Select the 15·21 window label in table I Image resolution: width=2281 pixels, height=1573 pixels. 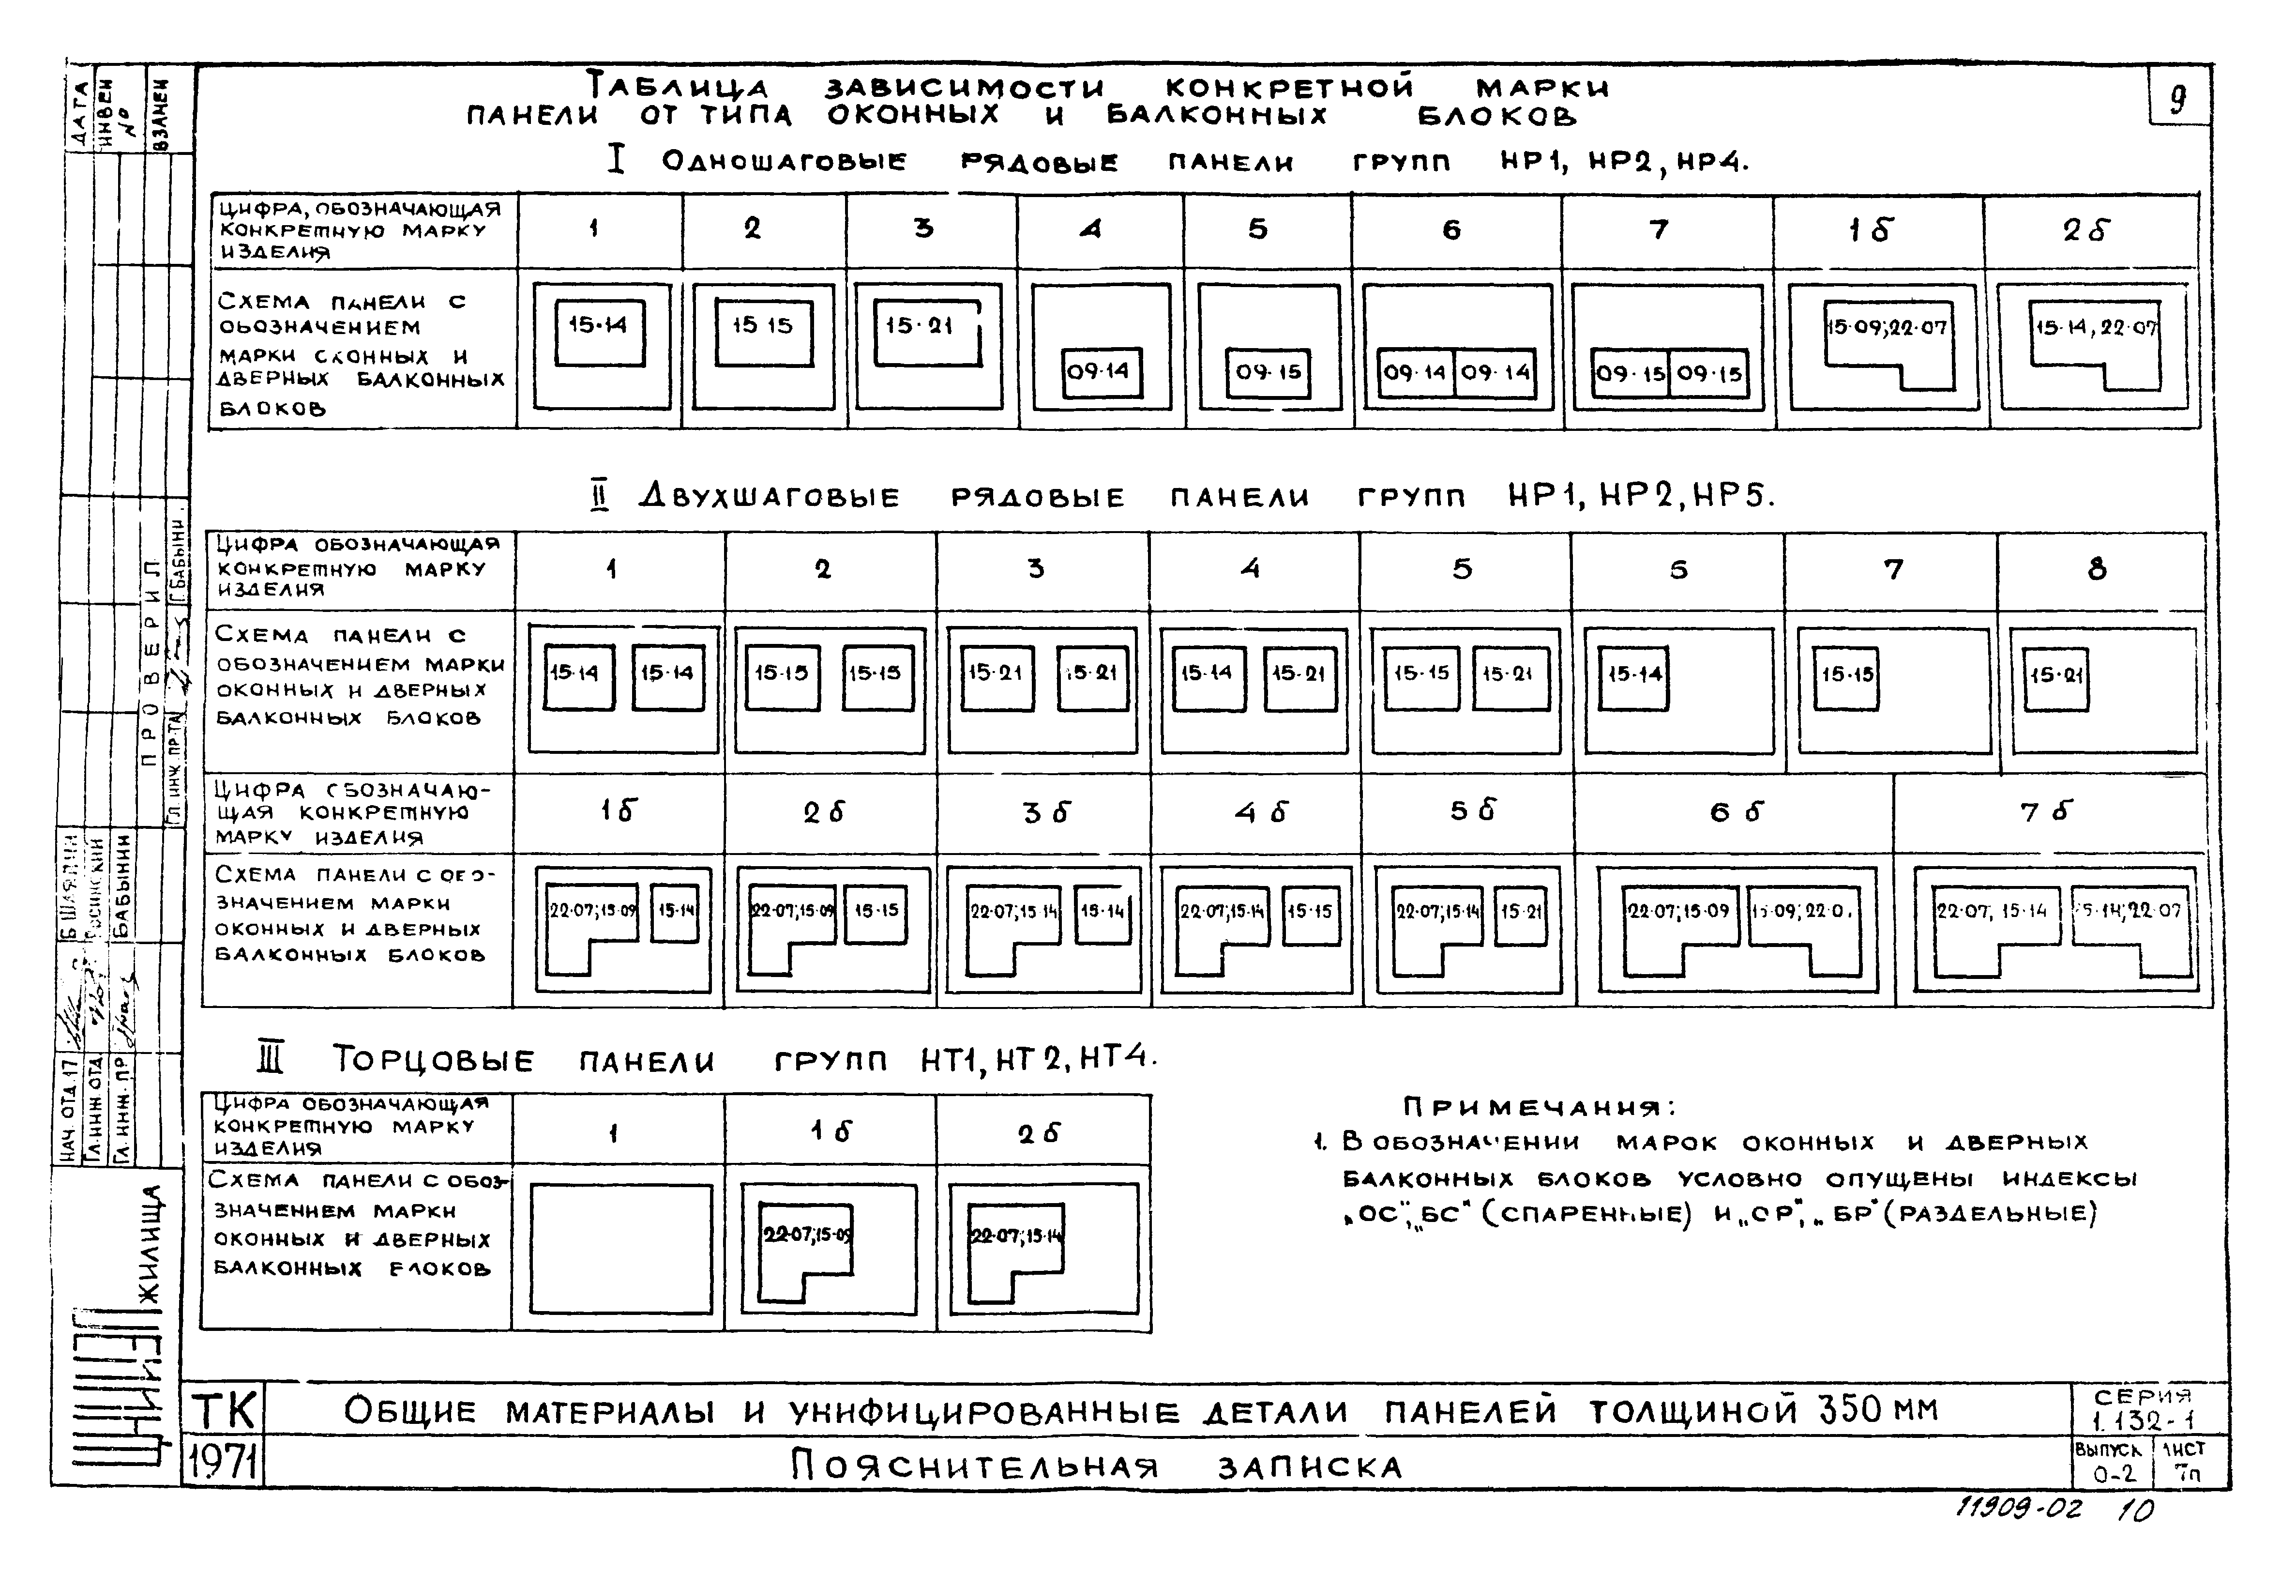[x=918, y=325]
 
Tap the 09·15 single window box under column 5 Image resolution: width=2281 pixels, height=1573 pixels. [x=1268, y=373]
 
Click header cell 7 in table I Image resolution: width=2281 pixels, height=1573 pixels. [x=1659, y=229]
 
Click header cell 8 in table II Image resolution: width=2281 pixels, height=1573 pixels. [x=2097, y=570]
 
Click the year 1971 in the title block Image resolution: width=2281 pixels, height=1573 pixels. [x=224, y=1462]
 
